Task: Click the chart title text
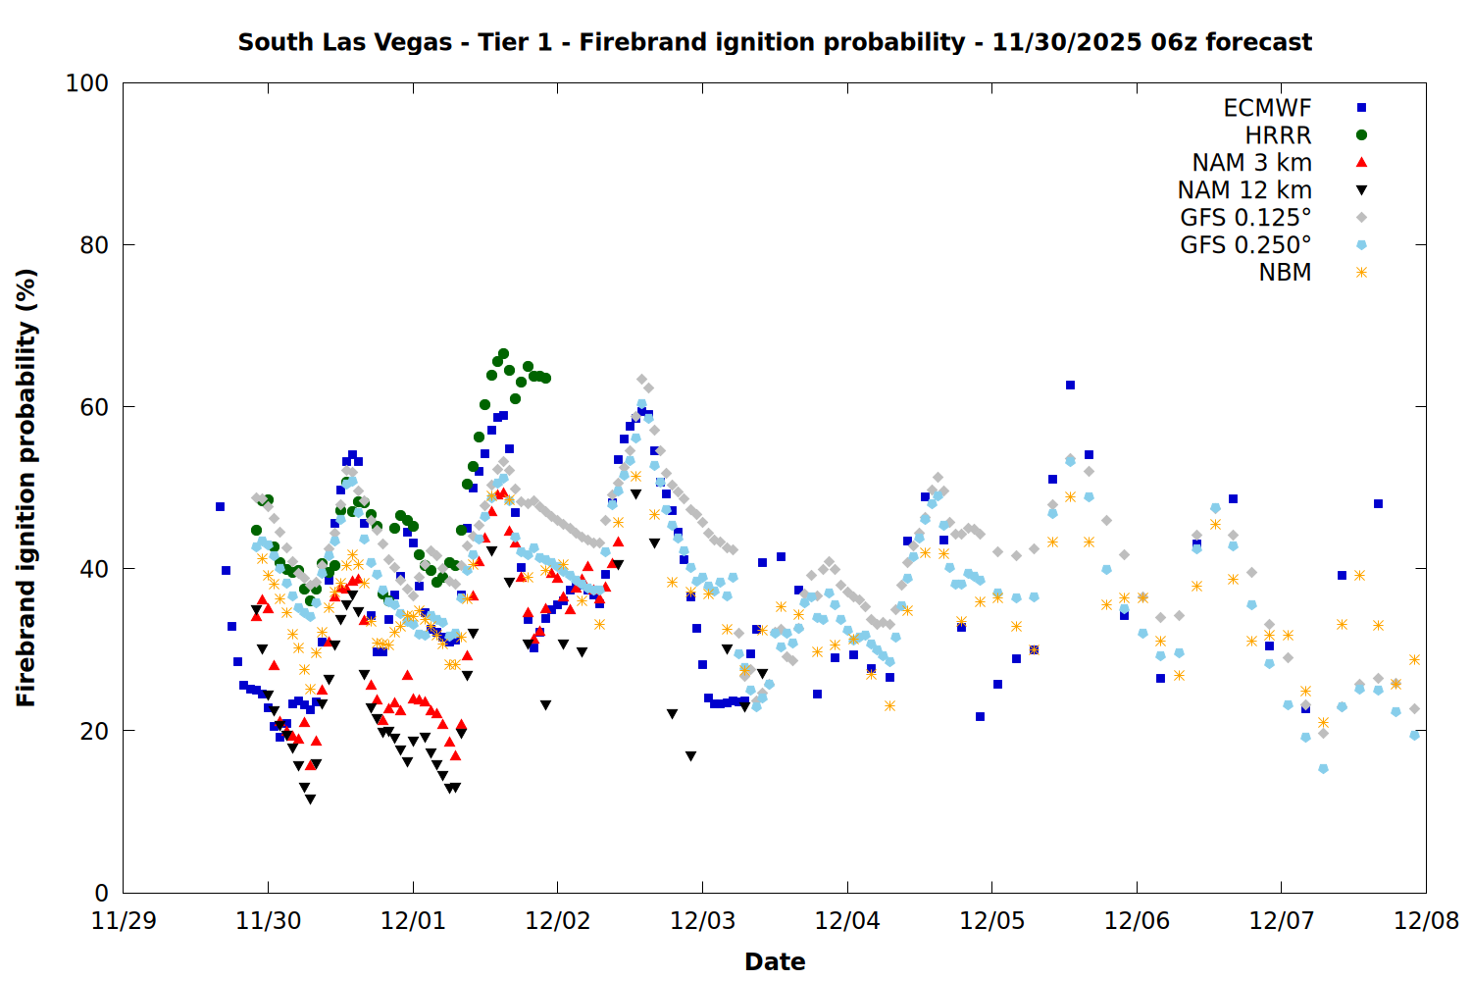775,42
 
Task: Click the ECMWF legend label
1267,108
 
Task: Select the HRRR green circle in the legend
1361,135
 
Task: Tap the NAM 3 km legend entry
1251,163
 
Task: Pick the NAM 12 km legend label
1244,190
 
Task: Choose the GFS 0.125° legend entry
1245,218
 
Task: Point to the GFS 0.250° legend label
1245,245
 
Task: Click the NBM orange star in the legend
1361,273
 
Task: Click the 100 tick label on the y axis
86,83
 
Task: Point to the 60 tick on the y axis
93,407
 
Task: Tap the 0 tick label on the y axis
101,893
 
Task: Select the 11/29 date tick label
123,922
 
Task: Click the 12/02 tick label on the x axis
557,922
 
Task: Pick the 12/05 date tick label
991,922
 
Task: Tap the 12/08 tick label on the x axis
1426,922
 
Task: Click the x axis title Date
775,961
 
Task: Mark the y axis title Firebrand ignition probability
26,488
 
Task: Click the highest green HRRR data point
503,353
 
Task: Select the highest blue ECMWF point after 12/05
1070,386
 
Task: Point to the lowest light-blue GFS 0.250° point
1323,769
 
